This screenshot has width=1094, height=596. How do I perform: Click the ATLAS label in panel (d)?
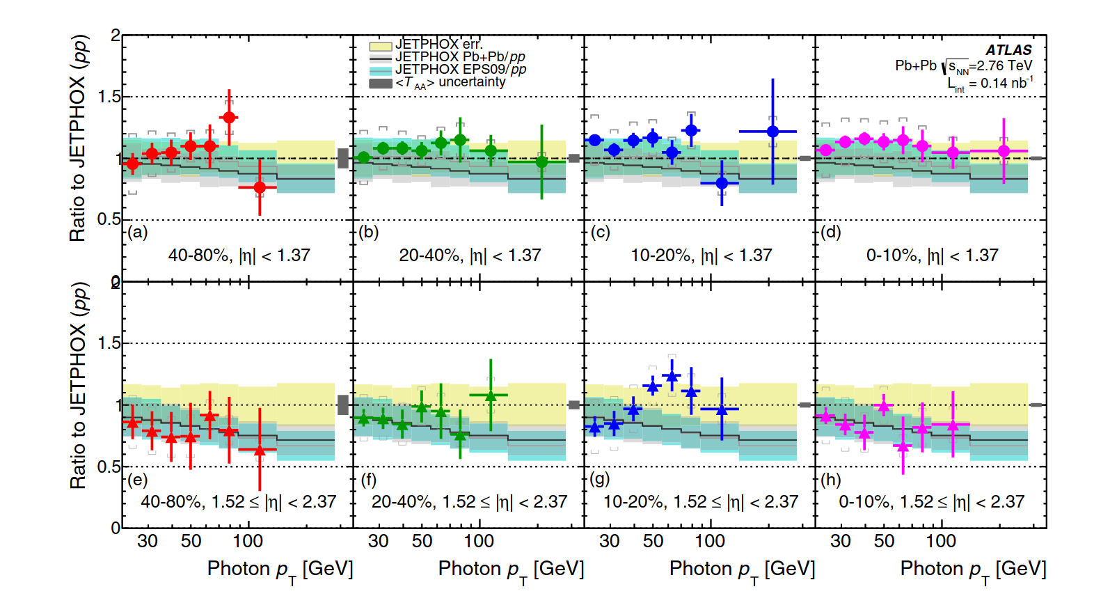coord(1008,50)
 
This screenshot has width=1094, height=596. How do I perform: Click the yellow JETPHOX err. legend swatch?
coord(381,46)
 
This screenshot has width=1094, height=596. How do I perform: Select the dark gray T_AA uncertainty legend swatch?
coord(381,84)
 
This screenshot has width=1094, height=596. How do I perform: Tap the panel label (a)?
coord(138,233)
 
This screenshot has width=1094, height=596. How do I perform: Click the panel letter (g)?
coord(599,479)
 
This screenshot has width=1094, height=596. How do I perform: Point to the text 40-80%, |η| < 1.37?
coord(239,256)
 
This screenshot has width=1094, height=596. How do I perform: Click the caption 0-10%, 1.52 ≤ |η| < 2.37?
coord(931,502)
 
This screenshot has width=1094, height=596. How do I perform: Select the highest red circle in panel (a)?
coord(229,118)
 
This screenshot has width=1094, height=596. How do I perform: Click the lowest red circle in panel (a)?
coord(260,187)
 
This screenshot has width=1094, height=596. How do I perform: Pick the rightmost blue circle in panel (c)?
coord(772,132)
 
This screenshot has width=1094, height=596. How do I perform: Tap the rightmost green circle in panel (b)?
coord(542,162)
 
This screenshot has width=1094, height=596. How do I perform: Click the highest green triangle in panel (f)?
coord(491,395)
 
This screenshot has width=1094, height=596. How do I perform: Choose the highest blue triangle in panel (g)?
coord(672,377)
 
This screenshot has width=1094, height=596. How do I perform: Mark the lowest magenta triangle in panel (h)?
coord(903,447)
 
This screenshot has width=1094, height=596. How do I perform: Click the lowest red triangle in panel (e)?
coord(260,450)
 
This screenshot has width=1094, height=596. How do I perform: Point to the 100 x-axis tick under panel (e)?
coord(247,541)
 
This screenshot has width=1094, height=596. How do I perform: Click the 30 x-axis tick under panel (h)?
coord(841,541)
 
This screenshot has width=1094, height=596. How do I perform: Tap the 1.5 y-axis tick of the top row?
coord(109,97)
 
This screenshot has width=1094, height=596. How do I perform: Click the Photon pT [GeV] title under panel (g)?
coord(742,570)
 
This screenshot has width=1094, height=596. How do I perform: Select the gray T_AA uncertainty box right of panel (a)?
coord(343,158)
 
